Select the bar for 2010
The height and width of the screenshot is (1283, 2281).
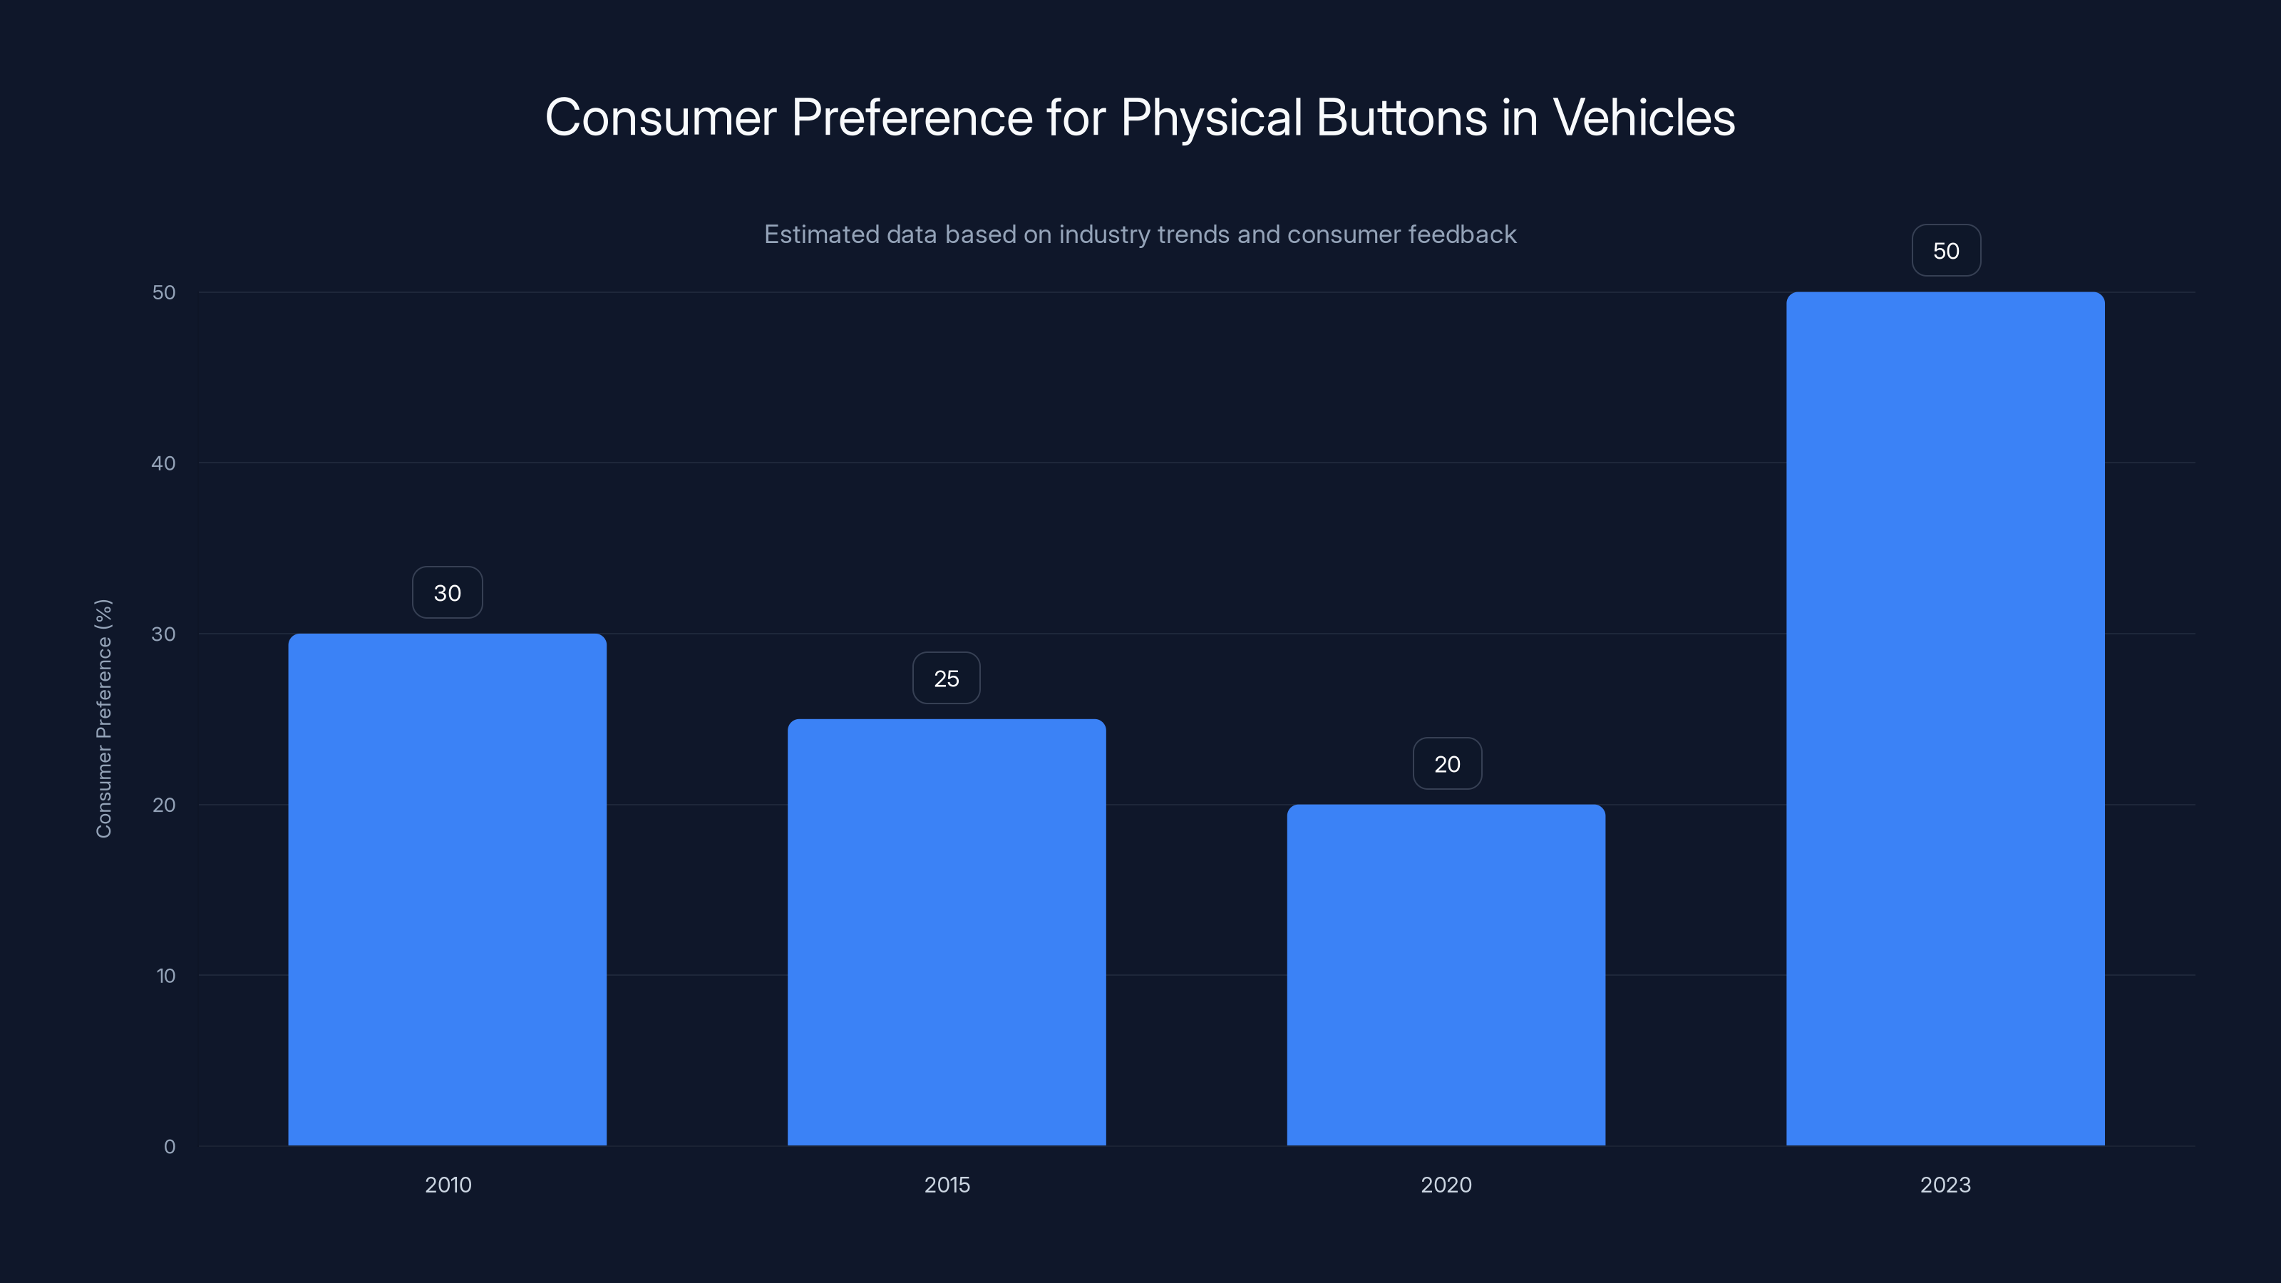click(x=447, y=889)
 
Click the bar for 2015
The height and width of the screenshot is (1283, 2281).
click(x=947, y=932)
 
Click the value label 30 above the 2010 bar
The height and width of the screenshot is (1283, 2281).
click(x=447, y=592)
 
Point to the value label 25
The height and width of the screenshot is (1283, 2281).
click(x=947, y=679)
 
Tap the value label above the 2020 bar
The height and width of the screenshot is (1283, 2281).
click(x=1447, y=764)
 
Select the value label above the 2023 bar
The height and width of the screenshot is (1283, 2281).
click(x=1945, y=251)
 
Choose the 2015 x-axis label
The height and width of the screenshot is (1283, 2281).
click(x=947, y=1185)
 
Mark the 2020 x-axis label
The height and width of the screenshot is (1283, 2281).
click(x=1446, y=1185)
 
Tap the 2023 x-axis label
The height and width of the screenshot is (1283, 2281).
click(x=1945, y=1185)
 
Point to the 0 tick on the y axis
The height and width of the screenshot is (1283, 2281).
click(x=169, y=1147)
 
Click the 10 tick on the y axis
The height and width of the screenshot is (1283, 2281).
click(x=165, y=976)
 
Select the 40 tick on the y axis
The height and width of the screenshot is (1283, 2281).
click(x=163, y=463)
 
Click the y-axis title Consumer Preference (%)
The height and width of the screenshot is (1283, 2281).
click(x=103, y=718)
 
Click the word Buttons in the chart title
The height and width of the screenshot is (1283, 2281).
click(x=1401, y=117)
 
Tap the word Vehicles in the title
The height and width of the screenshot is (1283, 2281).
click(x=1644, y=117)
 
